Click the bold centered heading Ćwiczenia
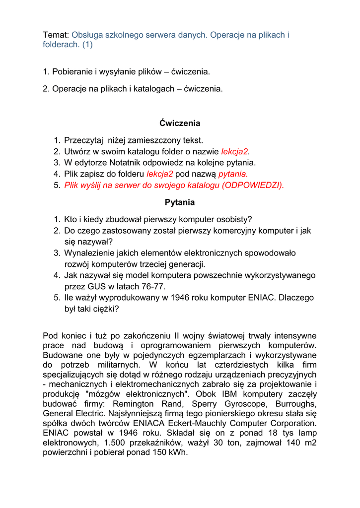[180, 123]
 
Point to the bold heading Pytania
[180, 202]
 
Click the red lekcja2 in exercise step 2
[234, 151]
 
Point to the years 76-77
[152, 286]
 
